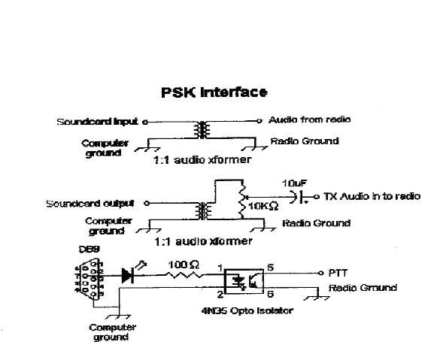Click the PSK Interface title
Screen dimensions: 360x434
[214, 93]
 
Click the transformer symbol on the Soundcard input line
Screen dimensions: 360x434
[200, 129]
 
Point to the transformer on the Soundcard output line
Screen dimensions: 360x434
[202, 210]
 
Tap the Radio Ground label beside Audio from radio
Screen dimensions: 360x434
[305, 141]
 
